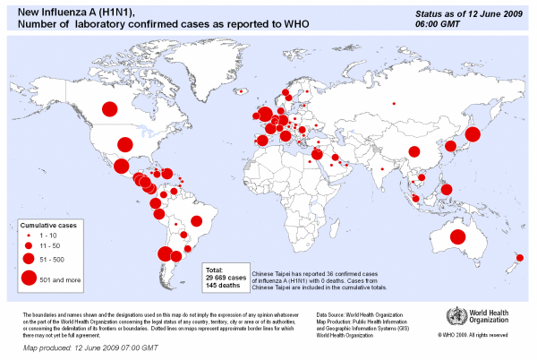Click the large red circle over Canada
click(110, 110)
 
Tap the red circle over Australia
click(457, 237)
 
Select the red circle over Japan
click(473, 134)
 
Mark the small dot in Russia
click(392, 99)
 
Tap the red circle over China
click(413, 151)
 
